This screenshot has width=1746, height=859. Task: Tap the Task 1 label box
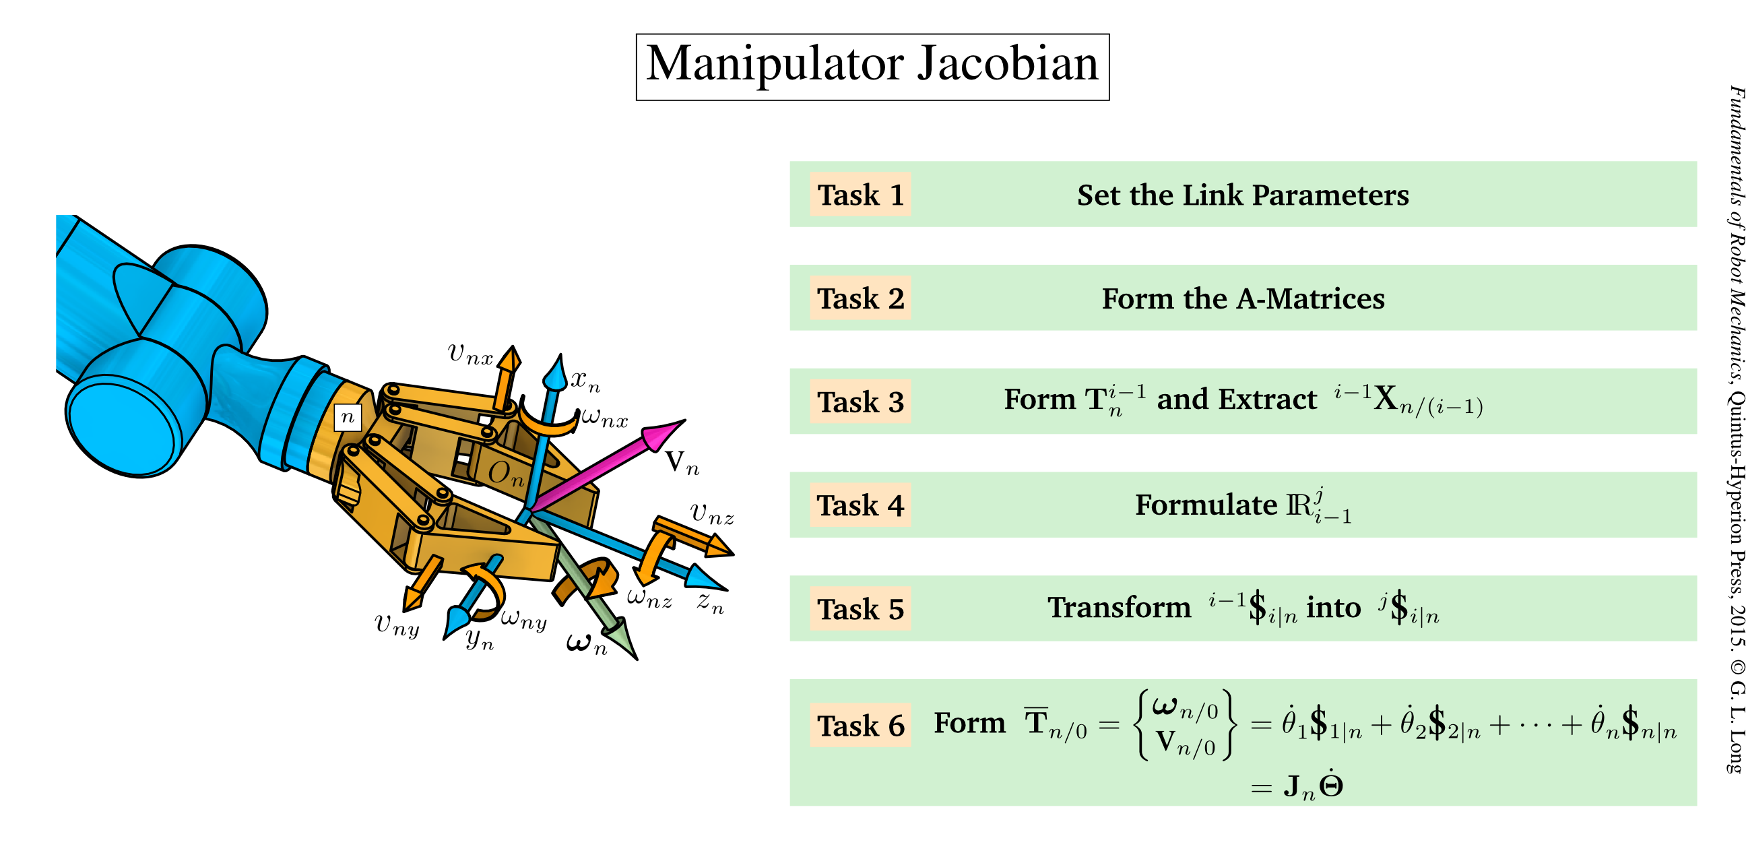860,195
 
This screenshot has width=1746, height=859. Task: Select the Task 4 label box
860,505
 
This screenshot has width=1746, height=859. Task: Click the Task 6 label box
860,726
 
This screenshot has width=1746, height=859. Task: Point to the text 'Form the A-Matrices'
1242,298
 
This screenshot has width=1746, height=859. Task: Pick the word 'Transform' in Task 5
1119,608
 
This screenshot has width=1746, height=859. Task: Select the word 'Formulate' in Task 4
1206,505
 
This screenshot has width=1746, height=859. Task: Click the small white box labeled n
348,417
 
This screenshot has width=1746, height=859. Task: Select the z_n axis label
711,602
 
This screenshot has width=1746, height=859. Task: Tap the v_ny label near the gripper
397,625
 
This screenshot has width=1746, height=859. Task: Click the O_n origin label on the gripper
506,473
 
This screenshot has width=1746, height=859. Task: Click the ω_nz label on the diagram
649,598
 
